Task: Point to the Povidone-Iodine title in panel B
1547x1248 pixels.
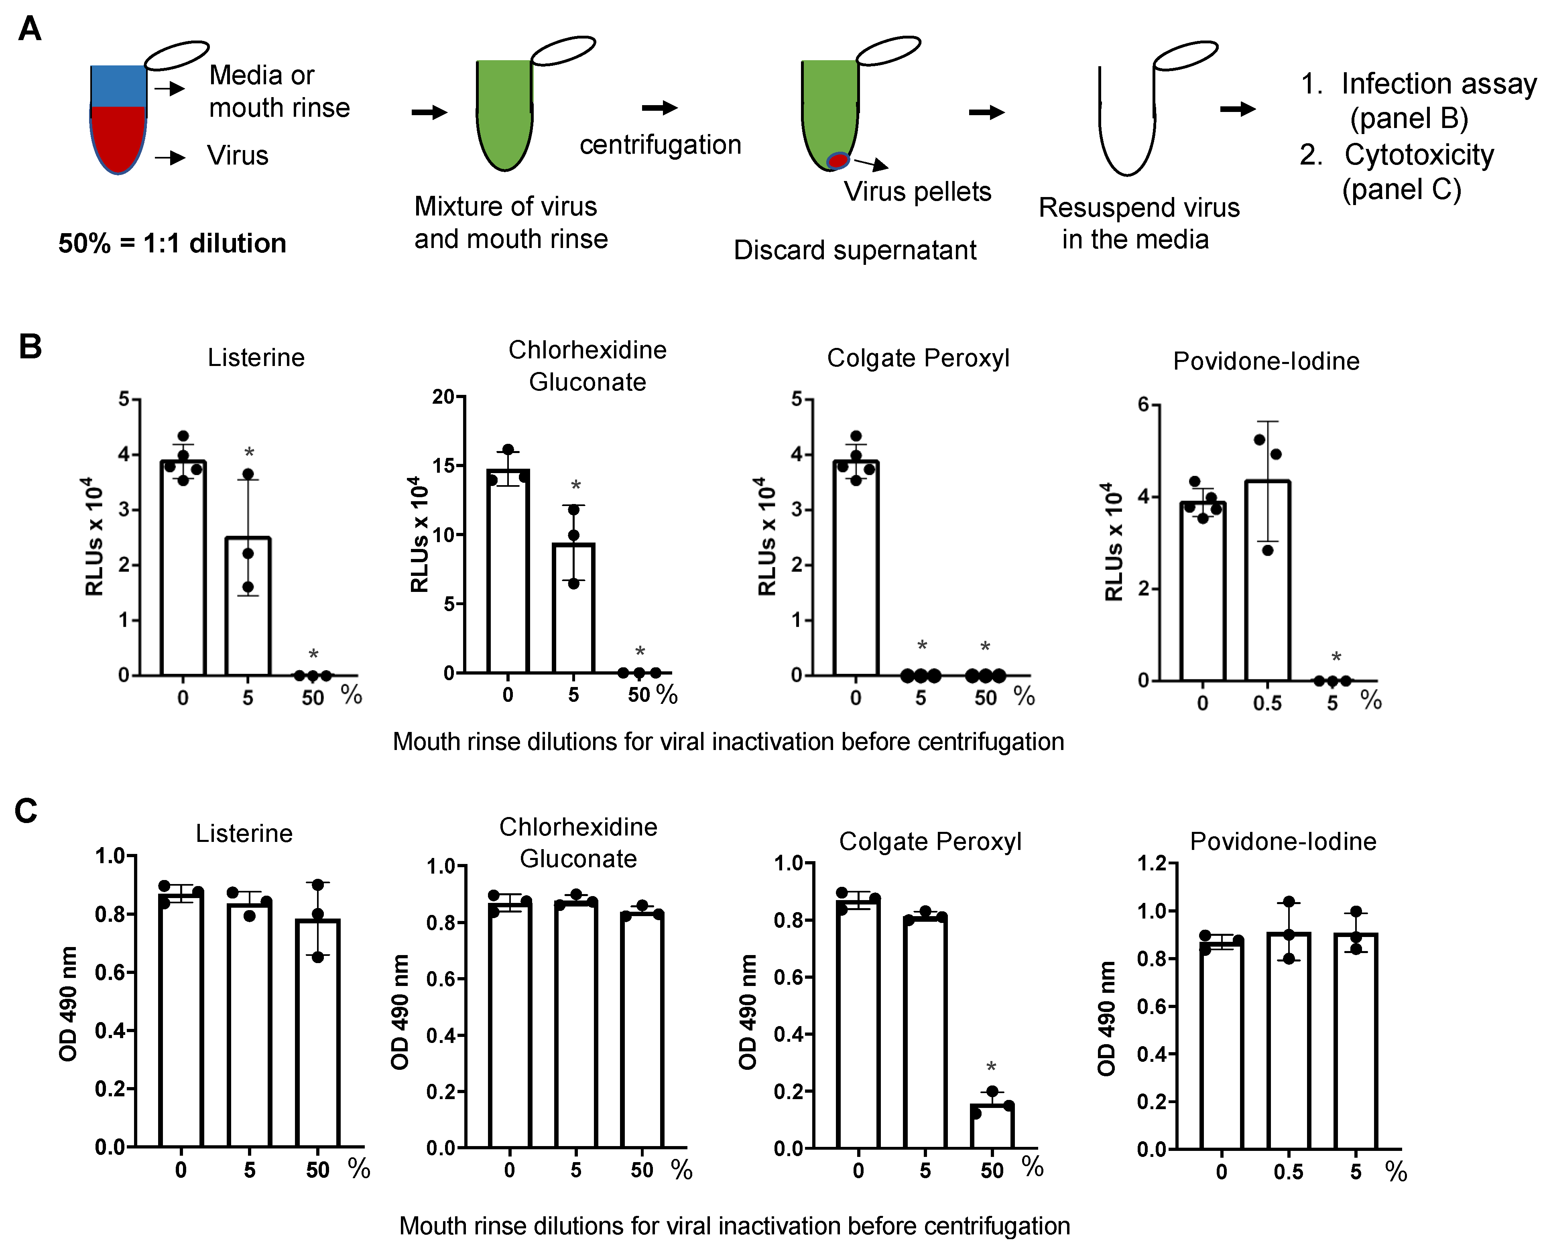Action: click(1266, 361)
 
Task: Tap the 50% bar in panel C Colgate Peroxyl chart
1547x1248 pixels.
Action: click(992, 1126)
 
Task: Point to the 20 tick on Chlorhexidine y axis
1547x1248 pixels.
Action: click(443, 397)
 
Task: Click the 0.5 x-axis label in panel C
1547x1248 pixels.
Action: click(1288, 1173)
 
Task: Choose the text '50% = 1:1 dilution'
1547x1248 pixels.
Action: click(173, 244)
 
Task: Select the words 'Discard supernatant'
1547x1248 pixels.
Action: click(855, 250)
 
